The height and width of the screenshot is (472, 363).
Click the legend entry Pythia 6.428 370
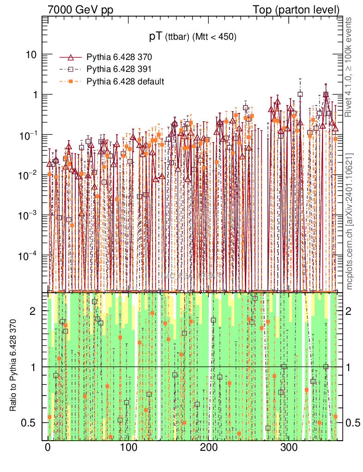119,58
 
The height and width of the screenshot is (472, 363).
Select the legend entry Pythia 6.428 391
119,70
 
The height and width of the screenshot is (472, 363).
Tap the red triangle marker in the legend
71,58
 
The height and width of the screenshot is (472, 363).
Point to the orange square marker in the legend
71,82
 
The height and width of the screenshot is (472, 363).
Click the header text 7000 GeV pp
80,9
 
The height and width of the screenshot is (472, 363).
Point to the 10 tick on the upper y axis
31,54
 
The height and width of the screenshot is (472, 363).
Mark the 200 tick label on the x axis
209,448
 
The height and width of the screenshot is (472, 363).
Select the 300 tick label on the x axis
290,448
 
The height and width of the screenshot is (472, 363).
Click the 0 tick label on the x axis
48,448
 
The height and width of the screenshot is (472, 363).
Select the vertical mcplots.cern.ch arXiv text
350,221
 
